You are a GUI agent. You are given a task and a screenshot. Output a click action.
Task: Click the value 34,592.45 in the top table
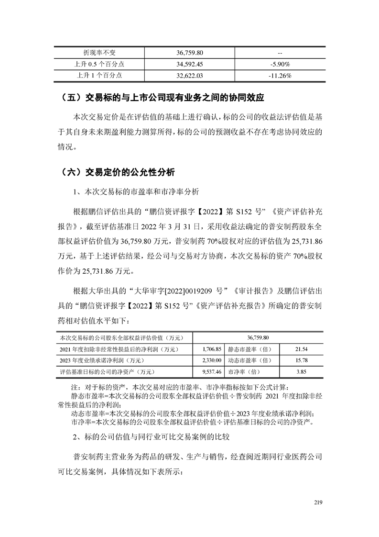coord(190,63)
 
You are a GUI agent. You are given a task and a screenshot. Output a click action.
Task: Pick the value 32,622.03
coord(190,75)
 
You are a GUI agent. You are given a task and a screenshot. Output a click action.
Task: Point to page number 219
coord(319,502)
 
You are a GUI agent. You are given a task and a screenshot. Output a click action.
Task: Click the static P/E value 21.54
coord(301,350)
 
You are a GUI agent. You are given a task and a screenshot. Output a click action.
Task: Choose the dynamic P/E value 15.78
coord(301,360)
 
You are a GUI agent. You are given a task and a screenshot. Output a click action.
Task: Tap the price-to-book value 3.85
coord(301,371)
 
